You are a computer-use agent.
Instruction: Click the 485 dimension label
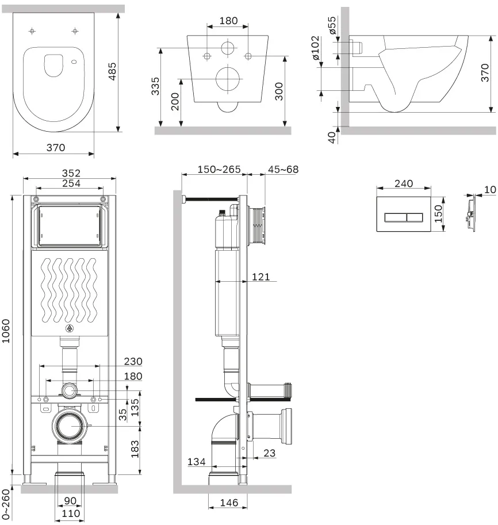[112, 71]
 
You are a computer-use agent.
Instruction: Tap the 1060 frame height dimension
[6, 331]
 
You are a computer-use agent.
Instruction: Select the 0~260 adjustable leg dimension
[6, 505]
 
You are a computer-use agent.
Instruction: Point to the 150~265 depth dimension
[219, 169]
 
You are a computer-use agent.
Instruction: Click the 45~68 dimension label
[283, 169]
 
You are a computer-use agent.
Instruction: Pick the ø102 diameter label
[316, 48]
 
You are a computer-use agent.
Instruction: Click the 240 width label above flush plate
[404, 183]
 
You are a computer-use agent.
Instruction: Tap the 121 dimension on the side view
[261, 277]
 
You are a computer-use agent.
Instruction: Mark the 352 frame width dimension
[71, 173]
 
